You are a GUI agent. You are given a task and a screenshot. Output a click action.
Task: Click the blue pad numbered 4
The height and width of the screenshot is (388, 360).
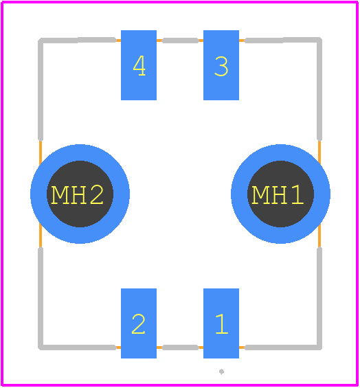139,65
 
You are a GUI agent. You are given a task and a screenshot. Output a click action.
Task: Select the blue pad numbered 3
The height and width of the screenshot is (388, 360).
221,65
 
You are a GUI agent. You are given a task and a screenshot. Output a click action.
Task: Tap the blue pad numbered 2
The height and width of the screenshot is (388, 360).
139,323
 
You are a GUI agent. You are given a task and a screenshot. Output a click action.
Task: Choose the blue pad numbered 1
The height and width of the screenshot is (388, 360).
221,323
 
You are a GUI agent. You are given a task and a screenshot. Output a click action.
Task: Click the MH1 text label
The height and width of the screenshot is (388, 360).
278,195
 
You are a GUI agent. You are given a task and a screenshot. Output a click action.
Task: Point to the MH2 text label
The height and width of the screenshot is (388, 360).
77,195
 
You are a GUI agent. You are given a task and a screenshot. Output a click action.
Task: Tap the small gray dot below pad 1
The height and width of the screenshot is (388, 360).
222,372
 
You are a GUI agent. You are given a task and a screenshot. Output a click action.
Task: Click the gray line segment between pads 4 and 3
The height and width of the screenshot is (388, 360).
180,41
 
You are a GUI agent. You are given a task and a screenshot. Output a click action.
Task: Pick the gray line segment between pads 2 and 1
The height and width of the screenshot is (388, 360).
180,347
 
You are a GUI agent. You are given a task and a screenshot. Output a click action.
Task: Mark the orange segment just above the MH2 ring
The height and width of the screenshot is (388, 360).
41,152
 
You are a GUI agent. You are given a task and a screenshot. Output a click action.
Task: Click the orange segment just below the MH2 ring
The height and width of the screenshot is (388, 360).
41,236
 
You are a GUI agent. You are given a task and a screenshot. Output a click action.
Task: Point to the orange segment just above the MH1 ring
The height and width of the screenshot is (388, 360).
319,152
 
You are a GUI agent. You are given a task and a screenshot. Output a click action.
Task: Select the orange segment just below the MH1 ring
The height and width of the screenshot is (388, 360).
319,236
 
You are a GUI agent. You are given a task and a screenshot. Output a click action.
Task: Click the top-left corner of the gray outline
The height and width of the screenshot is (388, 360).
41,41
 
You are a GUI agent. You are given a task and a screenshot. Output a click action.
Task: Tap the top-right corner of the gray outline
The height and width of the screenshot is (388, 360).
319,40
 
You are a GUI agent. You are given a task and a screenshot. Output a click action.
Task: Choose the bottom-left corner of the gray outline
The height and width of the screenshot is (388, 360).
41,347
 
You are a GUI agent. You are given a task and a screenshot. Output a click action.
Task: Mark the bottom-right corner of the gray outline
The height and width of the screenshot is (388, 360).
319,347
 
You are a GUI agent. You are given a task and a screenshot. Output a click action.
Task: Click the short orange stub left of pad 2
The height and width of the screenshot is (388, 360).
118,347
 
